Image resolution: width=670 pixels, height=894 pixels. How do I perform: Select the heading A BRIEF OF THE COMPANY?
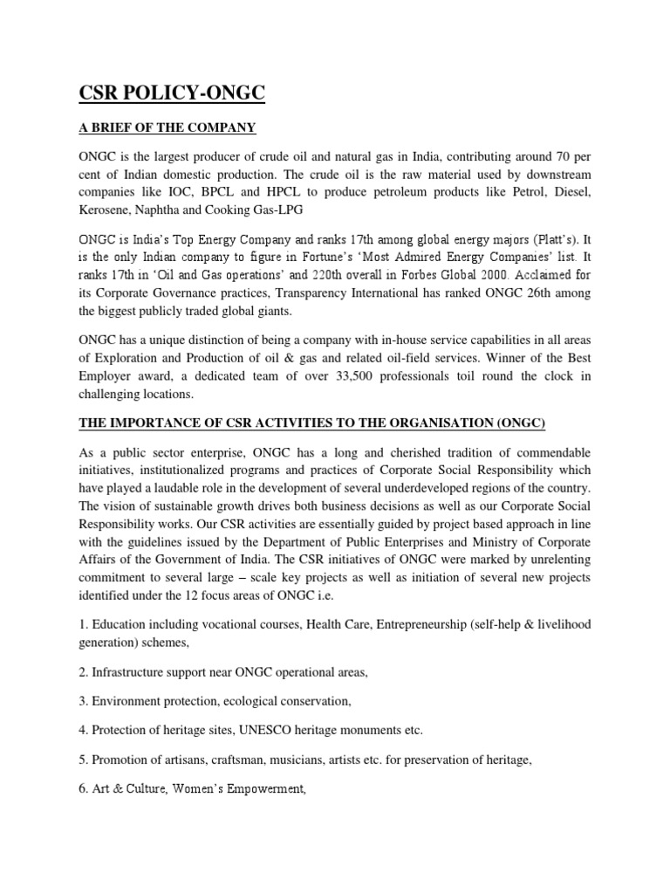[167, 128]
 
